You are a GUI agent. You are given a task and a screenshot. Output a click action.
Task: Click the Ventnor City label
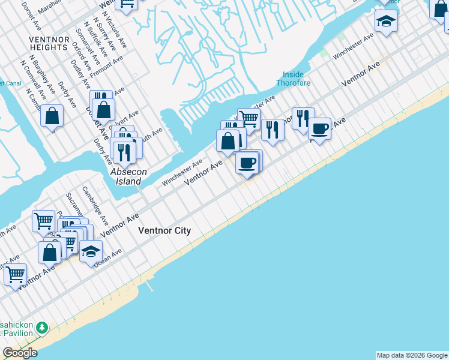tap(164, 231)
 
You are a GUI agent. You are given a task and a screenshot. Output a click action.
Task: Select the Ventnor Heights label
tap(48, 43)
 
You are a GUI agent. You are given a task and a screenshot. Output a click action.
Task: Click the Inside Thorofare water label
tap(293, 79)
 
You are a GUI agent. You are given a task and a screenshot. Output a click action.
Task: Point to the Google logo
tap(20, 353)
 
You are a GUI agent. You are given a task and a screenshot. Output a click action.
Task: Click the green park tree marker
tap(41, 328)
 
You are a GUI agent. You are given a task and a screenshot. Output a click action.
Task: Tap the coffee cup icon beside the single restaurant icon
tap(319, 128)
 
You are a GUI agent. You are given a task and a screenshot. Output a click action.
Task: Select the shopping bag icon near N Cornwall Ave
tap(52, 115)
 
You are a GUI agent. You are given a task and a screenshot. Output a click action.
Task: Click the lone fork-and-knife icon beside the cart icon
tap(273, 129)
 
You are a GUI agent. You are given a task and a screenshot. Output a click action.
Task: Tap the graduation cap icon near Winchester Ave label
tap(385, 22)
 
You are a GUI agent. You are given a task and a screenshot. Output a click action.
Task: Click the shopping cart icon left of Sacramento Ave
tap(43, 221)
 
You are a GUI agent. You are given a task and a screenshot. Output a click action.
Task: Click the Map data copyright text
tap(412, 355)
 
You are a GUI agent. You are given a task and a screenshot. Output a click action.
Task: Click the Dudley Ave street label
tap(80, 74)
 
